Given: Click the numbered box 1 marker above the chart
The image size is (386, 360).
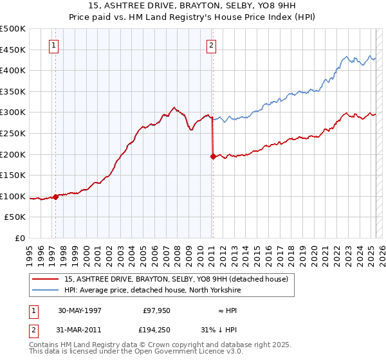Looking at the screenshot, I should coord(53,45).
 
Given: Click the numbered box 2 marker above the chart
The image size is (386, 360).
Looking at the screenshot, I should coord(211,45).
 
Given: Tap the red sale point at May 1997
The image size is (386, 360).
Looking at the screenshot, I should coord(56,197).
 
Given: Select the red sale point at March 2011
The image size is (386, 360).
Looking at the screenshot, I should coord(213,156).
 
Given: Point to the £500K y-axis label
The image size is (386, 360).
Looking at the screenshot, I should coord(13,29).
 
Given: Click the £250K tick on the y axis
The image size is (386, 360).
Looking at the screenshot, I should coord(13,133).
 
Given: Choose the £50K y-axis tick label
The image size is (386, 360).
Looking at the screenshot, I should coord(15,217).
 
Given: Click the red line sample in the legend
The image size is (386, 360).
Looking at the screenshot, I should coord(46,279).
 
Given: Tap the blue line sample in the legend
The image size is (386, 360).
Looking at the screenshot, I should coord(46,290).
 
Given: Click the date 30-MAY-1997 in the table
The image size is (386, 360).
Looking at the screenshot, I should coord(80,310).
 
